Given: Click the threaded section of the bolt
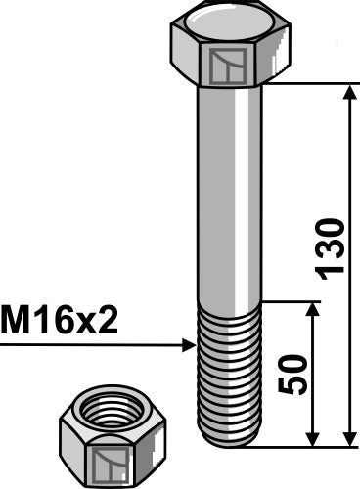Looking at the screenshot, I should click(231, 372).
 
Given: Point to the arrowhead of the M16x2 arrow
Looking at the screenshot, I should click(192, 344).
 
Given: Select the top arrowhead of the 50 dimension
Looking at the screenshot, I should click(312, 309).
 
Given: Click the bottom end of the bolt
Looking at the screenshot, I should click(231, 442).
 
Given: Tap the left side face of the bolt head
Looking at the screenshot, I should click(186, 58).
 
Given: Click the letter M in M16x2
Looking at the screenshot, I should click(14, 321).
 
